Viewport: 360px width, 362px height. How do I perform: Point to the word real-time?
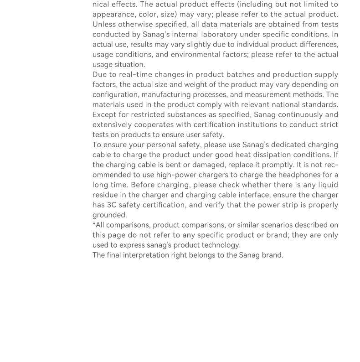(135, 74)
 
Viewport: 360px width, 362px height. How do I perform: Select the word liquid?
(327, 185)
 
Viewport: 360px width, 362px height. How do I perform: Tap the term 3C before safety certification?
(112, 205)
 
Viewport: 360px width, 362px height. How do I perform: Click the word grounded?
(109, 215)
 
